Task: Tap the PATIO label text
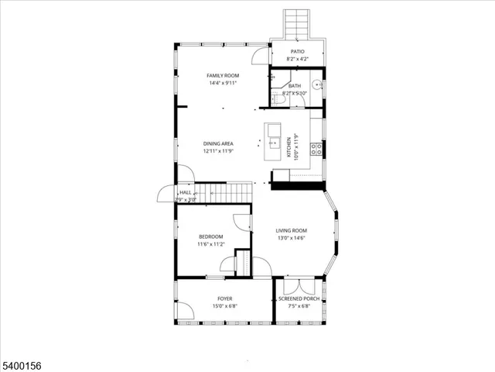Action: [x=297, y=52]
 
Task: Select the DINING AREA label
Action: [x=218, y=143]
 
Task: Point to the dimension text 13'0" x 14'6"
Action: [x=292, y=238]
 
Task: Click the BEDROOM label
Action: [x=210, y=236]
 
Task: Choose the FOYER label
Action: [x=224, y=298]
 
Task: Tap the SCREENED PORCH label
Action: [x=299, y=298]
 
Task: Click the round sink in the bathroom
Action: [x=316, y=86]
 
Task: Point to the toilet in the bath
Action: [x=279, y=98]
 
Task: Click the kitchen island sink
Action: [x=274, y=142]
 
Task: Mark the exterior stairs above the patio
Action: [x=297, y=25]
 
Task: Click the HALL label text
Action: [x=186, y=192]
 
